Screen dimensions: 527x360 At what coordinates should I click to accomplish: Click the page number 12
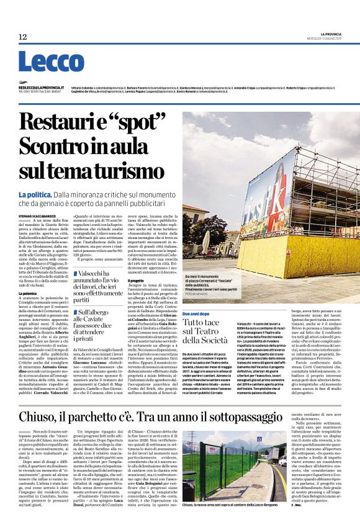point(22,37)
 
